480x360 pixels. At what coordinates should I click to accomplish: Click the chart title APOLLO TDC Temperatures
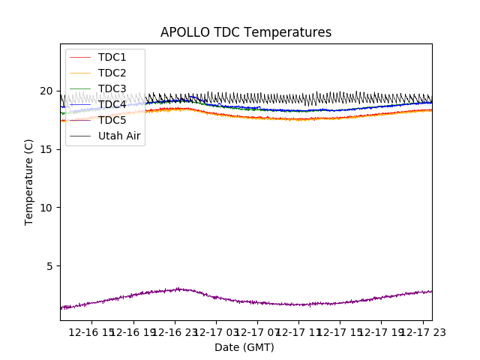click(246, 32)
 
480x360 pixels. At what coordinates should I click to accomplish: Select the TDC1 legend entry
click(112, 57)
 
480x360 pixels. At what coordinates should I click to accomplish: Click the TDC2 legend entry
click(112, 73)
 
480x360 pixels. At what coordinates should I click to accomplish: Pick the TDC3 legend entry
click(112, 88)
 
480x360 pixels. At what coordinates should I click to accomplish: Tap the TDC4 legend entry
click(112, 104)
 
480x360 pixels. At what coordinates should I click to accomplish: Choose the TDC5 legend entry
click(112, 120)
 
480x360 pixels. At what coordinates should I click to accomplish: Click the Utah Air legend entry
click(119, 136)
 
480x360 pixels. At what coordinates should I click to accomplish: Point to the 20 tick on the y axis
click(46, 91)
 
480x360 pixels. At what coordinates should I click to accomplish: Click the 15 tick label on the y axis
click(46, 149)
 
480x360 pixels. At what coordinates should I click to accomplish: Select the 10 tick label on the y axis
click(46, 208)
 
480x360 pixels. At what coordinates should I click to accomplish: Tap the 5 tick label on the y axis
click(49, 266)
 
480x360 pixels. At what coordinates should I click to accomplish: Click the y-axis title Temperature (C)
click(29, 181)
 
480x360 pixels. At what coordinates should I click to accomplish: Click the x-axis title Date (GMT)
click(244, 347)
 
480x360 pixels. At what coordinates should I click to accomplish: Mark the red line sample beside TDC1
click(80, 57)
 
